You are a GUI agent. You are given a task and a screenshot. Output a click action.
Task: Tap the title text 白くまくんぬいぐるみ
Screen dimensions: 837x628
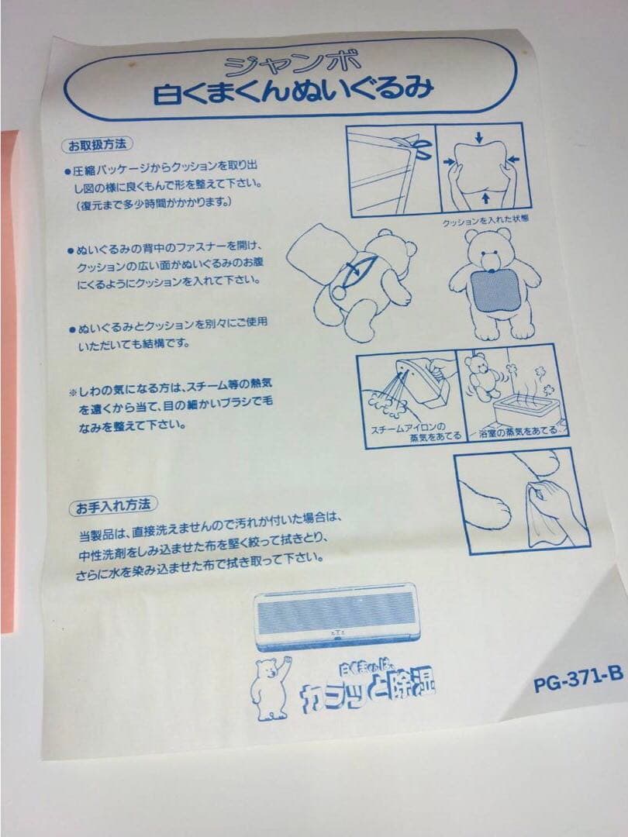point(293,92)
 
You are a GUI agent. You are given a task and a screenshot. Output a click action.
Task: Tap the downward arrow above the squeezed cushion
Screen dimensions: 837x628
point(481,137)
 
